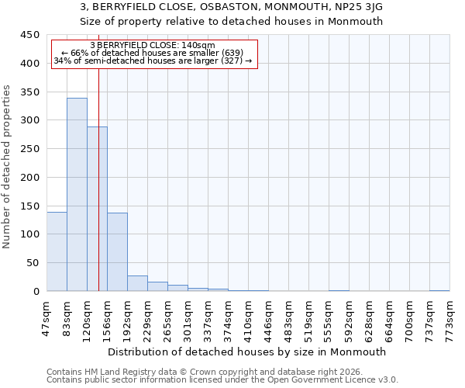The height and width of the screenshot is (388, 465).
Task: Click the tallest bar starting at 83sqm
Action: point(77,194)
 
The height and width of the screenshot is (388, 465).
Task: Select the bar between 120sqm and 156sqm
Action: point(97,210)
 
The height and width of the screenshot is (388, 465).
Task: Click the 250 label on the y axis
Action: point(29,149)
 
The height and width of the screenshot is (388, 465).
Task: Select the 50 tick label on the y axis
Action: point(33,263)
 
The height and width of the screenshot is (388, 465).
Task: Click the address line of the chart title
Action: point(232,6)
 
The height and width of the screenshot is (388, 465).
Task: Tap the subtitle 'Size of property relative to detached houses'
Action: point(232,21)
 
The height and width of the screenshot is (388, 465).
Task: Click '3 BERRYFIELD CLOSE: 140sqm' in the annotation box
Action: point(153,45)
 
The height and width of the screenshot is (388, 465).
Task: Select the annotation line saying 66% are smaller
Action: point(153,53)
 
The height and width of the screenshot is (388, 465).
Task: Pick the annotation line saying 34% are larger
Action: point(153,61)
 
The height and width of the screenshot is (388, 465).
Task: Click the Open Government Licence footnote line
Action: point(222,380)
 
